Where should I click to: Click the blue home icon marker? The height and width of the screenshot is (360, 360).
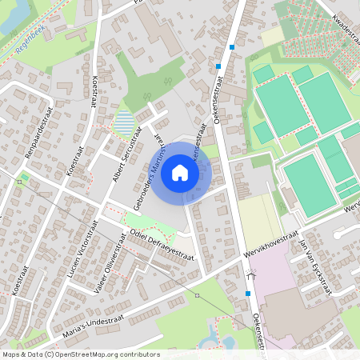click(x=180, y=172)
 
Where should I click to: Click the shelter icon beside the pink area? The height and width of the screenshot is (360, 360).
click(x=251, y=275)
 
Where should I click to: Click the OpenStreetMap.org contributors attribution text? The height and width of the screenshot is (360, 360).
click(x=107, y=354)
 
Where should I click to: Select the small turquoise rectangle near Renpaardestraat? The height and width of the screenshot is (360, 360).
click(x=25, y=177)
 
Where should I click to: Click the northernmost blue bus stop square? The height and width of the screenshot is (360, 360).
click(x=232, y=47)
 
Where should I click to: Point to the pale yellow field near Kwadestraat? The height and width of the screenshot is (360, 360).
click(x=273, y=35)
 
